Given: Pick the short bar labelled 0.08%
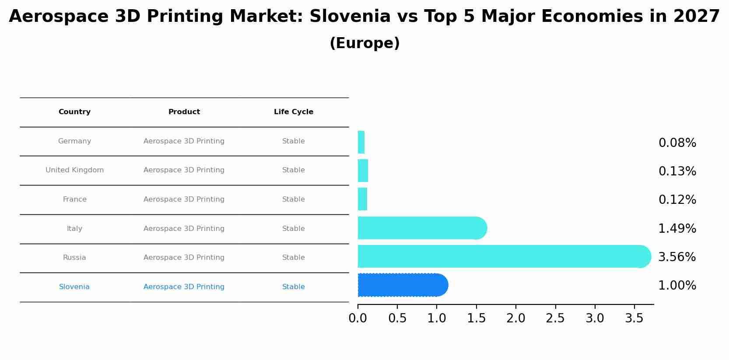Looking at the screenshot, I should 361,142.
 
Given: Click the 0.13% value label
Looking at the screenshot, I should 677,171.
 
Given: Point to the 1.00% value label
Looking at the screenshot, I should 677,286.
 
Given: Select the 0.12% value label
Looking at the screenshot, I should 677,200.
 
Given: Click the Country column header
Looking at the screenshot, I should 74,112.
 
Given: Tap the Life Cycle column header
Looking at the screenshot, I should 294,112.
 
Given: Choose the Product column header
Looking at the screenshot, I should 184,112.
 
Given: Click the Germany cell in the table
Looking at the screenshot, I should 74,141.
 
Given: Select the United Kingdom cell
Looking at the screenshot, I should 74,170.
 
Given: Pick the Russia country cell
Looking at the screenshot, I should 74,258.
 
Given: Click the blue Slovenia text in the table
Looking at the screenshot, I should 74,287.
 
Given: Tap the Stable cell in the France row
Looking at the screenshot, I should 294,199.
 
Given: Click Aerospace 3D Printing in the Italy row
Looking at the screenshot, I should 184,229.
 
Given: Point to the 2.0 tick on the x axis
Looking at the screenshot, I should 515,318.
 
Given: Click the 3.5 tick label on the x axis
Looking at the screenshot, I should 634,318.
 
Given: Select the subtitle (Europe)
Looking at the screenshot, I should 364,43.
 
